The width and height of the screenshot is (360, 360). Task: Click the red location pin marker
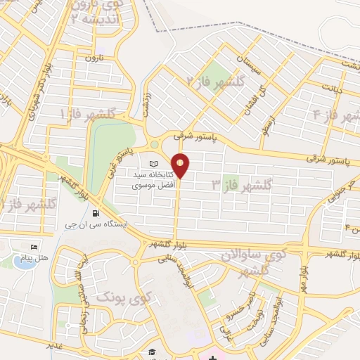[x=181, y=165]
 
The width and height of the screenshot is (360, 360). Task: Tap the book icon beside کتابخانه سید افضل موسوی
[x=155, y=163]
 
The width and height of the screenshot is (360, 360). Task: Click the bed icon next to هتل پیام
[x=34, y=247]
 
